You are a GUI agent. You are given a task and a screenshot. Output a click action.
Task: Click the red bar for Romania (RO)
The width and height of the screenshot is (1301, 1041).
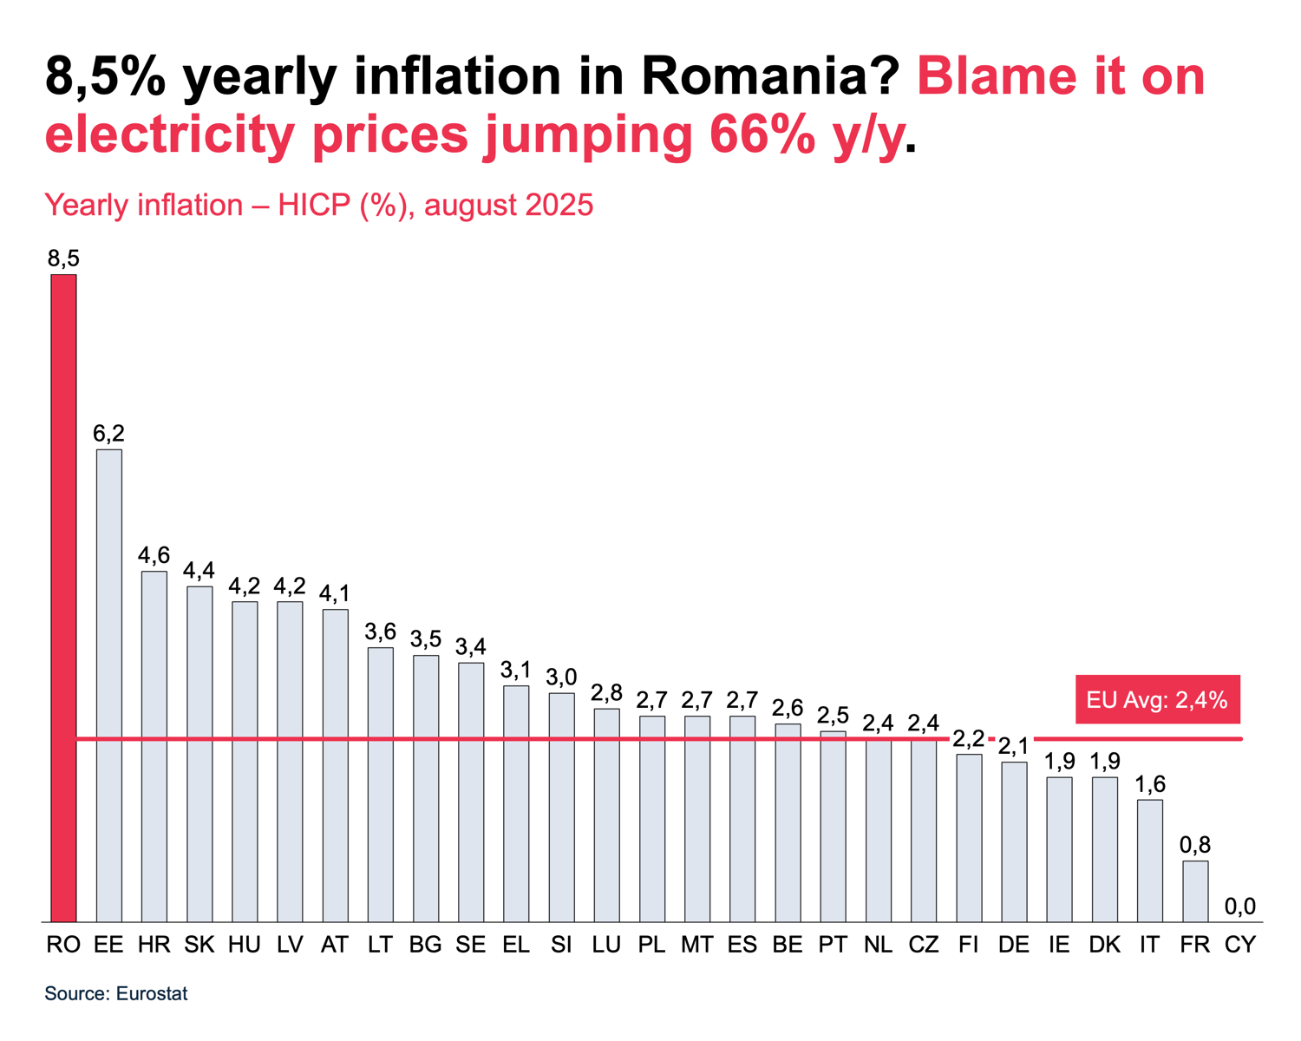(x=63, y=599)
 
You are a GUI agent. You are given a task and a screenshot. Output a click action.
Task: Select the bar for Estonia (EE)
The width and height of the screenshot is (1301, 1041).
(x=108, y=685)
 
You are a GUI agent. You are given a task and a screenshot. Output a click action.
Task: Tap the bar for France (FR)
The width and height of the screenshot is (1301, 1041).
(x=1195, y=891)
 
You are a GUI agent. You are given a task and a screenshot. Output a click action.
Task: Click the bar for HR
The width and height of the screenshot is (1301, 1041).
(x=154, y=746)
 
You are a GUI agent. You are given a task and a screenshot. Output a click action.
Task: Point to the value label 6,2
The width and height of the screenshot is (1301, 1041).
(x=108, y=433)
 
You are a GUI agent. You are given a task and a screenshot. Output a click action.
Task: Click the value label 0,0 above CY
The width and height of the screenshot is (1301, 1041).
(x=1240, y=907)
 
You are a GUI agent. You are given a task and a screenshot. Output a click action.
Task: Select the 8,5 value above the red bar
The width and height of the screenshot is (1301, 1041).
(x=63, y=259)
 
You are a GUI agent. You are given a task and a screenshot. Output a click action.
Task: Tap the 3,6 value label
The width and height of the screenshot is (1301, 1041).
(x=380, y=632)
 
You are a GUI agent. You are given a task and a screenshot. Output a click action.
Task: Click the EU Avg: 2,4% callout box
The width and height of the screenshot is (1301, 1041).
(x=1157, y=699)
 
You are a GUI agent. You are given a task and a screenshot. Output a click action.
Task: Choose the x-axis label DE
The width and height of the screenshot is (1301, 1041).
(x=1014, y=945)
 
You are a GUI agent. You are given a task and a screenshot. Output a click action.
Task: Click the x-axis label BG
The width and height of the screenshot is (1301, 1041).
(x=425, y=945)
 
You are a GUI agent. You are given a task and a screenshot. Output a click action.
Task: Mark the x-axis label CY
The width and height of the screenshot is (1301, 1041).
(x=1240, y=945)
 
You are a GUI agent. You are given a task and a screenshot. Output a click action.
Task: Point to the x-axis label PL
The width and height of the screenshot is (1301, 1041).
(x=651, y=945)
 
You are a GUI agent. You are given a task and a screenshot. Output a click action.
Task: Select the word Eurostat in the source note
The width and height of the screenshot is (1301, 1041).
(x=152, y=994)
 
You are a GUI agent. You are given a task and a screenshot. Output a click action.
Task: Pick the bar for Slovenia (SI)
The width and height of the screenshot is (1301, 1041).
(x=561, y=807)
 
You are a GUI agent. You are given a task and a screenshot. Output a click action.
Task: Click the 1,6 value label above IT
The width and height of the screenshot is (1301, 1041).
(x=1150, y=784)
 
